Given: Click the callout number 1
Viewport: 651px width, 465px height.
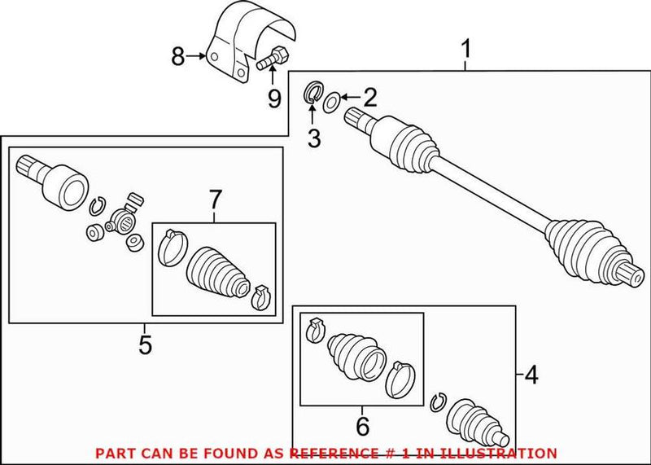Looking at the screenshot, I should [466, 52].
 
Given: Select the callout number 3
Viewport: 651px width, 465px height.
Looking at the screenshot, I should [314, 138].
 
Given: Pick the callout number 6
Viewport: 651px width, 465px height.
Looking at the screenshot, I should [363, 424].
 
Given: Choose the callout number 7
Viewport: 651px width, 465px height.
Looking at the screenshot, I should [214, 198].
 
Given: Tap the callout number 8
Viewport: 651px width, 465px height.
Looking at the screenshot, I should [178, 56].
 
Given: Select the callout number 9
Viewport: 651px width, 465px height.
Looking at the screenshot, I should [274, 99].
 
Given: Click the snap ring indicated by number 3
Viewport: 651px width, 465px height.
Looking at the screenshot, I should [312, 92].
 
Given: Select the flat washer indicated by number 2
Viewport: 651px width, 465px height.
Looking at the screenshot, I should [332, 103].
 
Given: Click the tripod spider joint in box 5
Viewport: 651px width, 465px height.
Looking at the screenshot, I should [125, 217].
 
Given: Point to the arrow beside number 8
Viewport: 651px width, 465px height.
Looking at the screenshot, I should [196, 56].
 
